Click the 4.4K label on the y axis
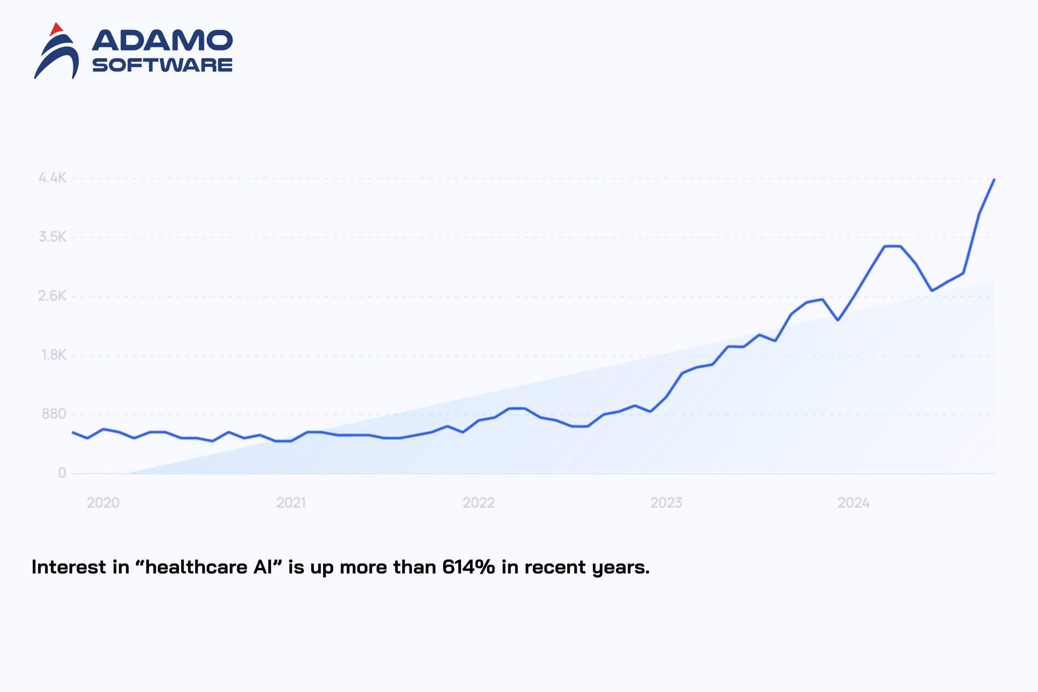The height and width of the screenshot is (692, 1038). click(x=53, y=178)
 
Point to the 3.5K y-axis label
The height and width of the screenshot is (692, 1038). click(x=53, y=237)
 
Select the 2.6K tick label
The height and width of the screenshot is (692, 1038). click(x=52, y=296)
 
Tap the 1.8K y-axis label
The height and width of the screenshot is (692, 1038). click(x=54, y=355)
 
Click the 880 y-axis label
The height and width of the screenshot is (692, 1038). click(x=54, y=414)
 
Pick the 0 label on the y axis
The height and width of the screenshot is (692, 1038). click(x=62, y=473)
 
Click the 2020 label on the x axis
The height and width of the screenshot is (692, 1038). click(x=103, y=503)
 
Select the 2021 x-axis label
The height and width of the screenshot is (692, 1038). click(x=291, y=503)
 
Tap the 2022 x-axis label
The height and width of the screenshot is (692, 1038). click(x=478, y=503)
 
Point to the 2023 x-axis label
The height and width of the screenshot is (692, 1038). click(x=666, y=503)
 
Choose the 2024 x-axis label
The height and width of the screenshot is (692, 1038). click(x=854, y=503)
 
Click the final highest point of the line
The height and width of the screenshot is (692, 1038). click(x=994, y=180)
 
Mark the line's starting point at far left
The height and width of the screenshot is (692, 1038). click(x=73, y=432)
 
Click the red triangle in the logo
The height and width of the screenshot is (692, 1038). click(x=56, y=29)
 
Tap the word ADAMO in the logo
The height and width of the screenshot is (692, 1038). click(x=162, y=41)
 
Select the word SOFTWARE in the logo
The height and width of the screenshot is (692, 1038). click(x=162, y=65)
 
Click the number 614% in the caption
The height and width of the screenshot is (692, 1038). click(x=468, y=567)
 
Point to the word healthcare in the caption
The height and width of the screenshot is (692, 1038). click(x=196, y=567)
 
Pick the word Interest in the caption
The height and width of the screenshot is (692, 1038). click(x=69, y=567)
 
